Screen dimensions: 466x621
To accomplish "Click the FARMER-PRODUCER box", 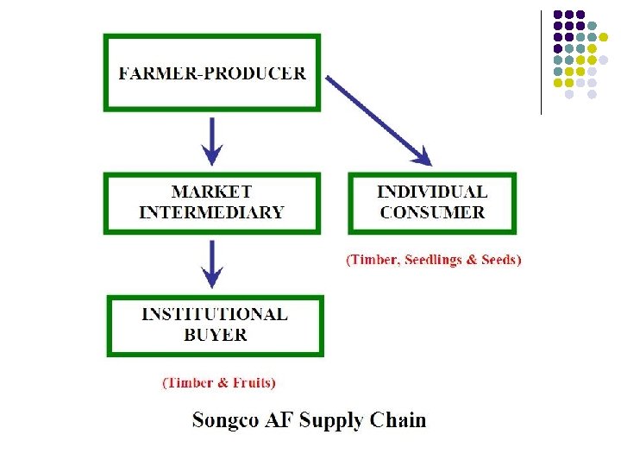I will pyautogui.click(x=211, y=72).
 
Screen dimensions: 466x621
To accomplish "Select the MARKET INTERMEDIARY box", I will pyautogui.click(x=211, y=203).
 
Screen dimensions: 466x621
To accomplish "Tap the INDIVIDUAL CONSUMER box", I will pyautogui.click(x=432, y=203).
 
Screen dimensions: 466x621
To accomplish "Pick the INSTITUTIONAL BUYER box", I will pyautogui.click(x=215, y=324).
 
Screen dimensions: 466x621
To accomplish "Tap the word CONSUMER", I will pyautogui.click(x=432, y=212).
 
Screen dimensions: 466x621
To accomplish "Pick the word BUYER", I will pyautogui.click(x=215, y=334).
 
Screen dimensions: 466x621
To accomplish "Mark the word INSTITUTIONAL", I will pyautogui.click(x=215, y=315).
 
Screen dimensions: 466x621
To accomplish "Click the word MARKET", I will pyautogui.click(x=211, y=192).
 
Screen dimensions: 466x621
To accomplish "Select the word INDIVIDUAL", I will pyautogui.click(x=432, y=192).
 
